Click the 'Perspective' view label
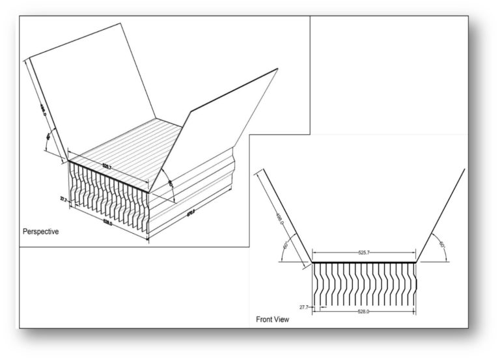(x=40, y=231)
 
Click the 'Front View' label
(x=273, y=320)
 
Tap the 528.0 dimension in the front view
(x=363, y=312)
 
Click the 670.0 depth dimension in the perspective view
(x=192, y=212)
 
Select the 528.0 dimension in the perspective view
(x=107, y=223)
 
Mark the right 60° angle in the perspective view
(x=170, y=184)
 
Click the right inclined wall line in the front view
(x=440, y=215)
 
